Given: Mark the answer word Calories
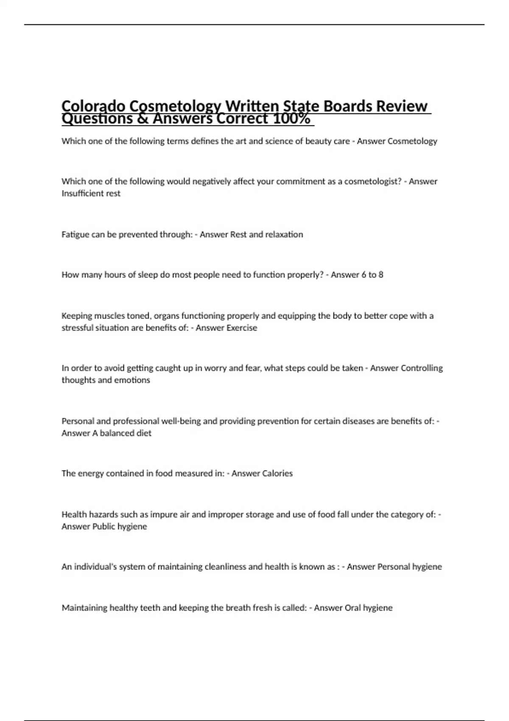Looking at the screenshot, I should tap(277, 473).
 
